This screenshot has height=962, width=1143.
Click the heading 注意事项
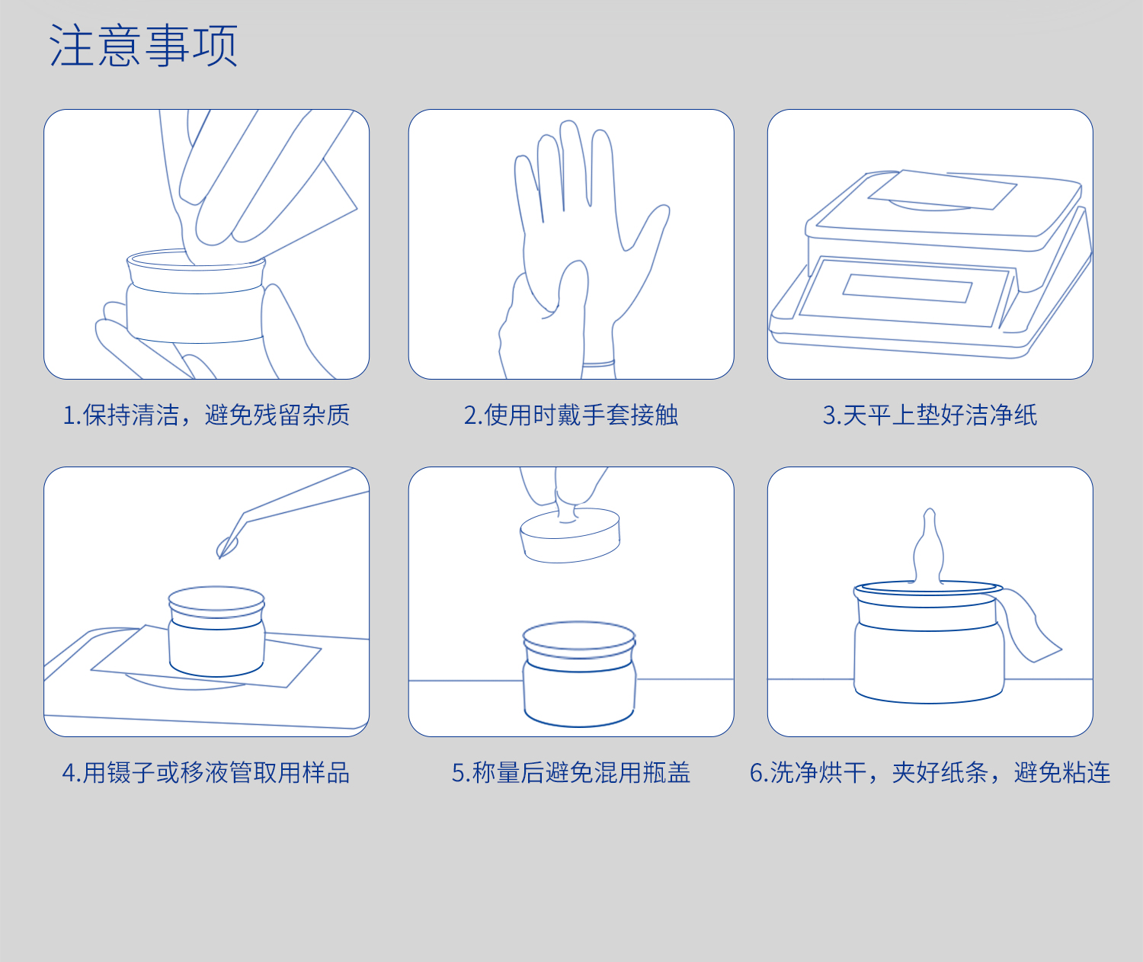pyautogui.click(x=143, y=46)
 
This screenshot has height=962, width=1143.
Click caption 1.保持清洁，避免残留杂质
pyautogui.click(x=206, y=415)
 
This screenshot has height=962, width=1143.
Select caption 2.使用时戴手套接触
pyautogui.click(x=571, y=415)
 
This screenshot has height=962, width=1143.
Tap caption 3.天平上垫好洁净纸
pyautogui.click(x=930, y=415)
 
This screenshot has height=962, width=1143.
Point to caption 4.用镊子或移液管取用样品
pyautogui.click(x=206, y=773)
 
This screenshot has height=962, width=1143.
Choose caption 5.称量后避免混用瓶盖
pyautogui.click(x=571, y=773)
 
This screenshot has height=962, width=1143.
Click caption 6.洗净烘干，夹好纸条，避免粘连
pyautogui.click(x=930, y=773)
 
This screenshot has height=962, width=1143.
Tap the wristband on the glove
pyautogui.click(x=598, y=364)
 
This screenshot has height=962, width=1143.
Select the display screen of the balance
pyautogui.click(x=907, y=288)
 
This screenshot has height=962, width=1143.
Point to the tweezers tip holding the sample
pyautogui.click(x=227, y=546)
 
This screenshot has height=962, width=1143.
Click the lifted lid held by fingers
pyautogui.click(x=570, y=537)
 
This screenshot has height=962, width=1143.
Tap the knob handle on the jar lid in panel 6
pyautogui.click(x=929, y=549)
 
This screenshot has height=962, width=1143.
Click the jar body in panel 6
pyautogui.click(x=928, y=659)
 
